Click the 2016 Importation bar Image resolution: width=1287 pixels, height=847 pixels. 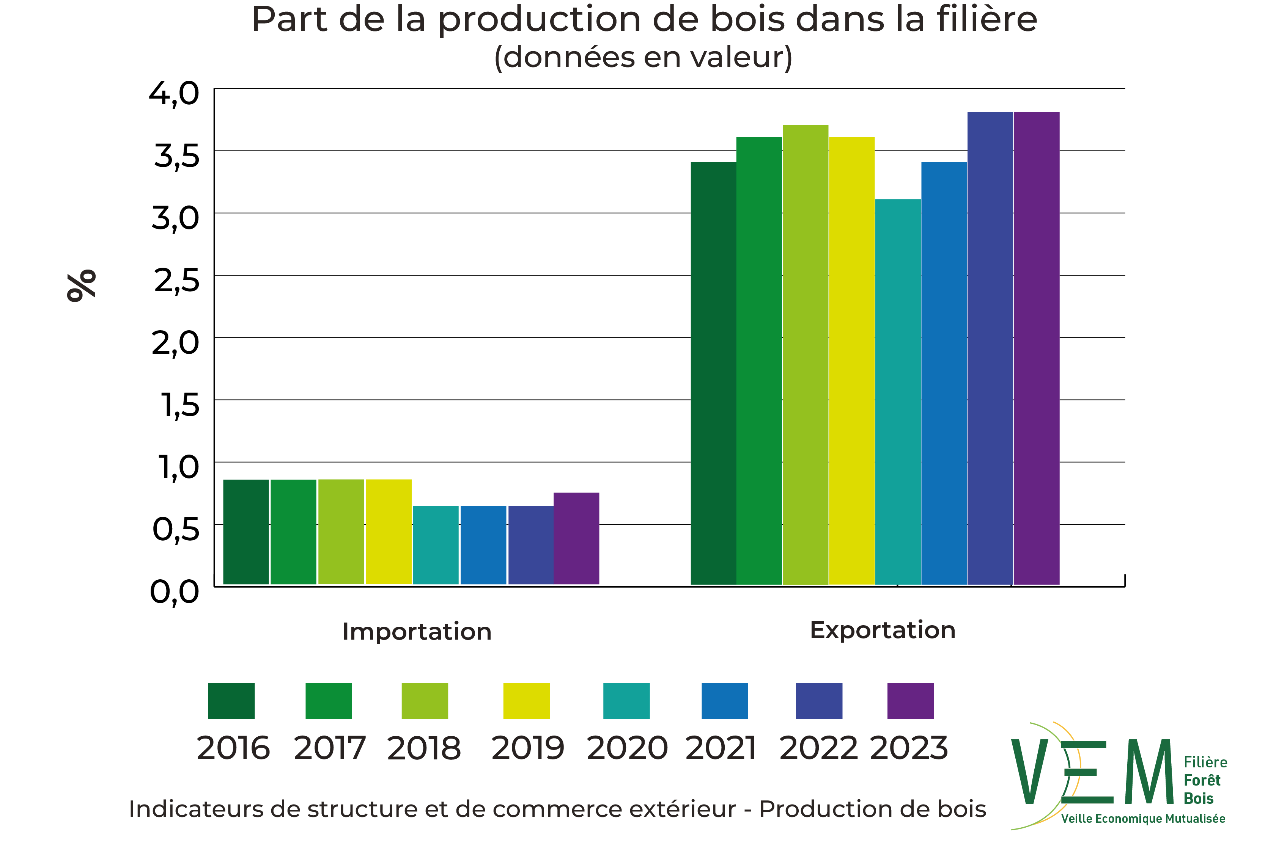(x=246, y=532)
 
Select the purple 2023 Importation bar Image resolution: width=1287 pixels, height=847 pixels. (x=576, y=538)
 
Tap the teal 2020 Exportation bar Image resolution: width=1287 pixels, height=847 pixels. (x=898, y=392)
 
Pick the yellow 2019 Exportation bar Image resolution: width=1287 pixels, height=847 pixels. (x=852, y=361)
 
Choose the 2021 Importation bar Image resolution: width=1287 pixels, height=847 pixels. (x=483, y=545)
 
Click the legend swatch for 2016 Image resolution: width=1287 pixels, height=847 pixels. (x=231, y=701)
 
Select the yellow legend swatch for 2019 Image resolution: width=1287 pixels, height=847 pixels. (x=526, y=701)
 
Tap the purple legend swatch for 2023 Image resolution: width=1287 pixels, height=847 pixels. (x=911, y=701)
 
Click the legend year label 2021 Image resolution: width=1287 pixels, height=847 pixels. (x=721, y=749)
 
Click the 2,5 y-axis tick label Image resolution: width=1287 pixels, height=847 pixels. (x=176, y=281)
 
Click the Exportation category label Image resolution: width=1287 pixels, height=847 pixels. (x=883, y=630)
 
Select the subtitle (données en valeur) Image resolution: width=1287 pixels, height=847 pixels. (x=643, y=57)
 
